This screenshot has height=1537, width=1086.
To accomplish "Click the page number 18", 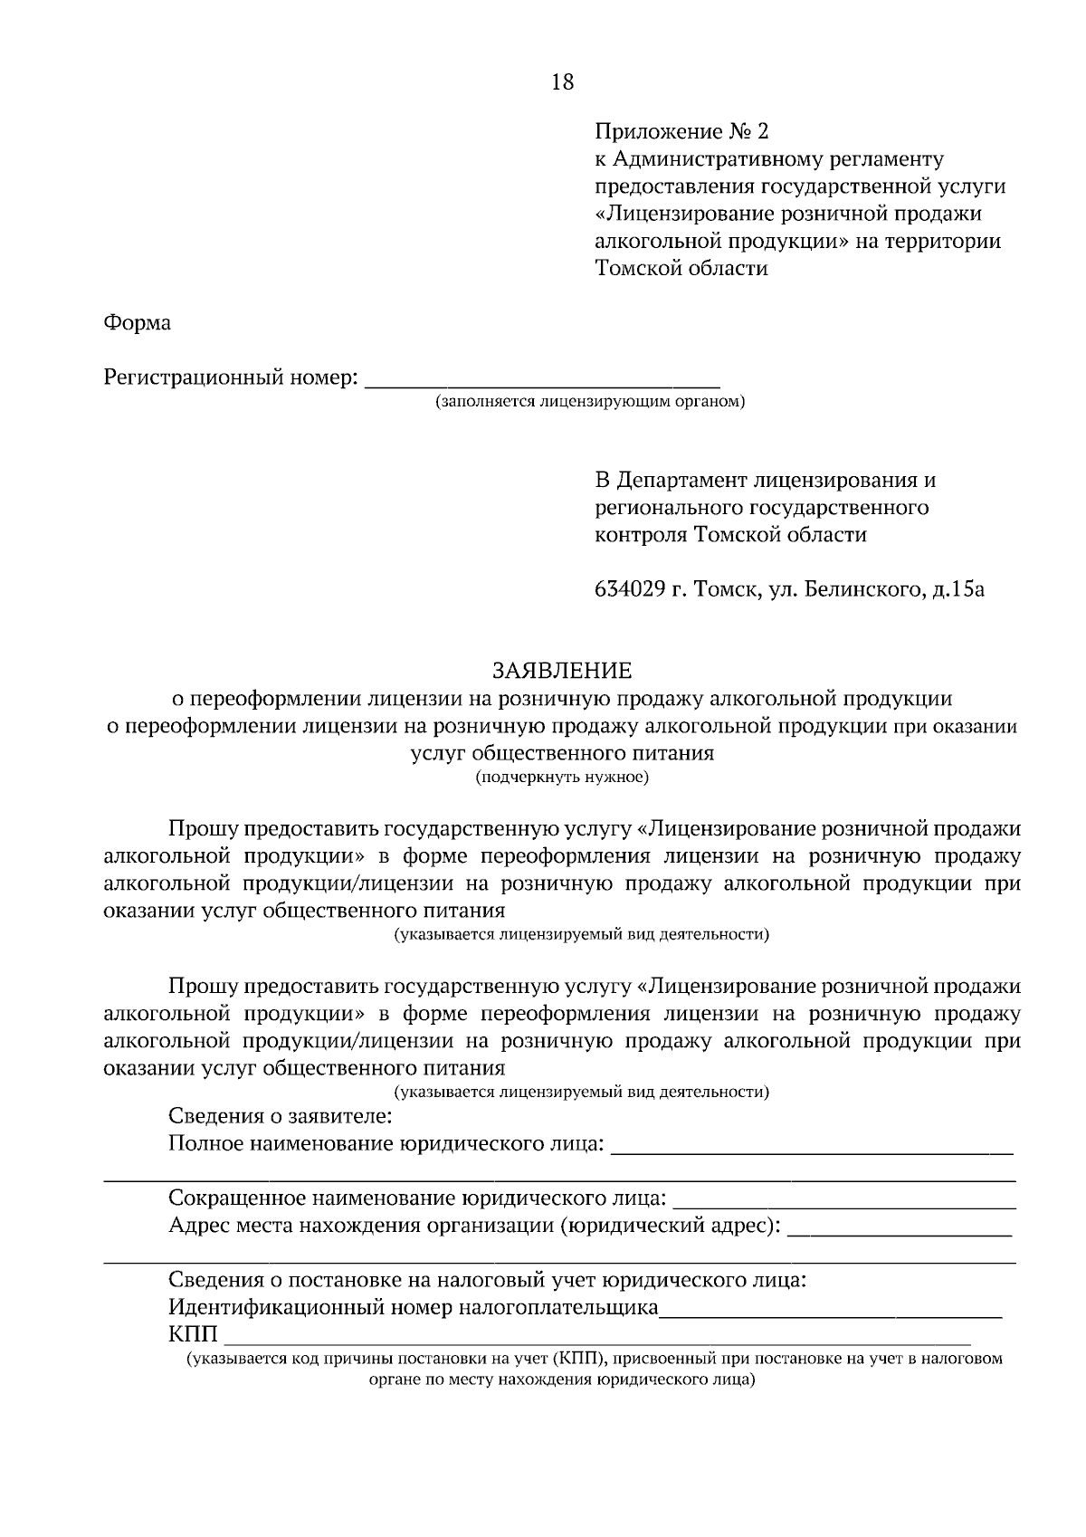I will (x=561, y=82).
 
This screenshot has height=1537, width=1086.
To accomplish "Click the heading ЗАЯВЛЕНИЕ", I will (x=561, y=671).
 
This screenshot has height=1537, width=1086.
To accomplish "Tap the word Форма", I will (x=138, y=322).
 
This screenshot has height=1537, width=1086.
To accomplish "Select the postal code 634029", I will (x=630, y=590).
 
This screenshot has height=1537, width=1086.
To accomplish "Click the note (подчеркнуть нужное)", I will (x=561, y=777).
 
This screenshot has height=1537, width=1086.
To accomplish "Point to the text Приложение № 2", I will (x=681, y=132).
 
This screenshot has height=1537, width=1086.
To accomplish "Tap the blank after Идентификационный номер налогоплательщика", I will (x=830, y=1310).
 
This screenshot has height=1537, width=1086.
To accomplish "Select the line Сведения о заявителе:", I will (x=281, y=1116).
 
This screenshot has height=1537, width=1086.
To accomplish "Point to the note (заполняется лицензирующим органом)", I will (x=589, y=400).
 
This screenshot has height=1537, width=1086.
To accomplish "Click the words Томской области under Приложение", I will (x=681, y=269).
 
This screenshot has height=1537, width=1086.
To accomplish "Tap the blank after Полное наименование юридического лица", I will (x=812, y=1147).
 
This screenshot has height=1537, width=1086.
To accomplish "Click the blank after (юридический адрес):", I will (x=900, y=1229).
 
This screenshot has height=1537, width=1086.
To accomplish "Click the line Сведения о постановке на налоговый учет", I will (x=487, y=1281).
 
